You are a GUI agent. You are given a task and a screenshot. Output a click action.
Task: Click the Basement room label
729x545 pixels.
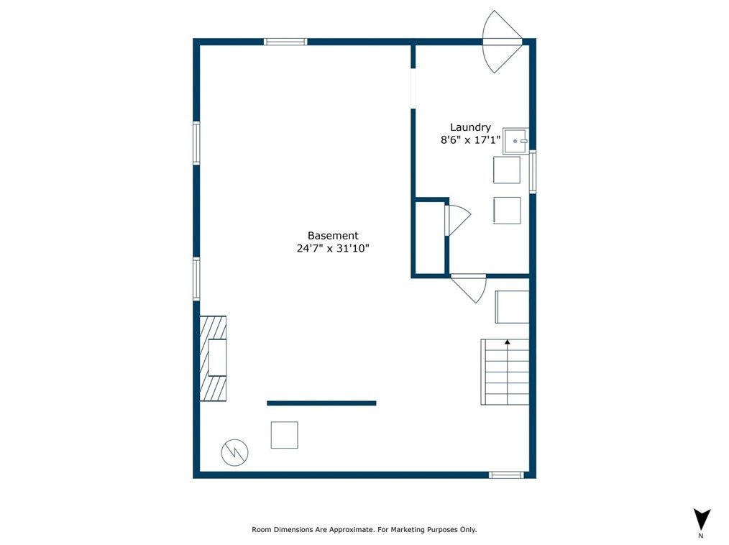(x=333, y=236)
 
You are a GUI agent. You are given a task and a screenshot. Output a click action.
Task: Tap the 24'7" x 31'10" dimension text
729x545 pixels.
(x=333, y=248)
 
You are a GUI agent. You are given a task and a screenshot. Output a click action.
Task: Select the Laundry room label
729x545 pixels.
(x=470, y=127)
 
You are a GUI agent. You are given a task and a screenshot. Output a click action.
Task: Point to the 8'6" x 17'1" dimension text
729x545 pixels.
(x=470, y=140)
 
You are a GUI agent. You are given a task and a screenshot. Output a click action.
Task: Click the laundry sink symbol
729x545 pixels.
(x=515, y=141)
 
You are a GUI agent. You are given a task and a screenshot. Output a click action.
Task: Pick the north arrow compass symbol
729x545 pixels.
(x=702, y=520)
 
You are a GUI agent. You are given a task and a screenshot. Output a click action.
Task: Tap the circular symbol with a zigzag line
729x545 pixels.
(x=235, y=452)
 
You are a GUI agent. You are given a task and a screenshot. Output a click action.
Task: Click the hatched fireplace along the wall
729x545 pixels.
(x=213, y=359)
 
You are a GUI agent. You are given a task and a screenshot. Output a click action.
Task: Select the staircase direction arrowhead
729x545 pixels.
(x=508, y=342)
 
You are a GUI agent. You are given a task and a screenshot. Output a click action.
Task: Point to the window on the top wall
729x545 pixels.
(x=285, y=42)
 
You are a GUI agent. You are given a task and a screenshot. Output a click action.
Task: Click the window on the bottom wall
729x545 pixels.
(x=506, y=475)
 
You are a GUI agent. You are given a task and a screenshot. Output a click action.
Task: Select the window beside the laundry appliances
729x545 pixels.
(x=533, y=172)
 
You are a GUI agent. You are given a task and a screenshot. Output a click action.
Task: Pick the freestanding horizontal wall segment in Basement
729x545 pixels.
(x=321, y=403)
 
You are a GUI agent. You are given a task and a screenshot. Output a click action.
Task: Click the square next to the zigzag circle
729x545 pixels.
(x=285, y=435)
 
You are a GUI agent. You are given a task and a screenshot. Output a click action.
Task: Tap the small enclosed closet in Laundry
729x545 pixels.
(x=431, y=237)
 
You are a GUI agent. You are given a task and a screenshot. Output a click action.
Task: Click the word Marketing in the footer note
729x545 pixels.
(x=407, y=530)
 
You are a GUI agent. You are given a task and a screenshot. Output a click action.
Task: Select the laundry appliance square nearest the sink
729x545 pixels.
(x=507, y=170)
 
